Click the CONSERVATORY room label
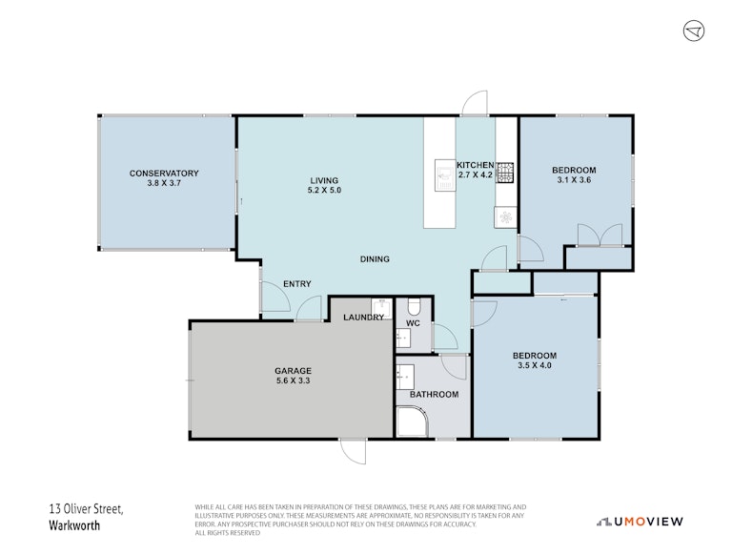[x=164, y=174]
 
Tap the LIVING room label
[x=324, y=180]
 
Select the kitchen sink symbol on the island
[x=445, y=175]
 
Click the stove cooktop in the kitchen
[x=504, y=173]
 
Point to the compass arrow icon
[x=694, y=31]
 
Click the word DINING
[x=375, y=258]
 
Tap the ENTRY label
[x=297, y=284]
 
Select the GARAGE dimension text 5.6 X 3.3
[x=293, y=380]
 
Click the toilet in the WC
[x=414, y=306]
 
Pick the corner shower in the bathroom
[x=412, y=421]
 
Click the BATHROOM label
[x=435, y=395]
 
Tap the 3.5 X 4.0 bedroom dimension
[x=535, y=365]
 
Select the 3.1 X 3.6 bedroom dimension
[x=574, y=180]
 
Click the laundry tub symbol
[x=381, y=308]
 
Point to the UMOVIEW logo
[x=640, y=522]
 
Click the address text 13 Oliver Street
[x=87, y=509]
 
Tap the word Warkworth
[x=74, y=525]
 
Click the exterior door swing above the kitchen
[x=475, y=103]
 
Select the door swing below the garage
[x=353, y=451]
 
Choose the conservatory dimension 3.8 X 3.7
[x=164, y=183]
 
